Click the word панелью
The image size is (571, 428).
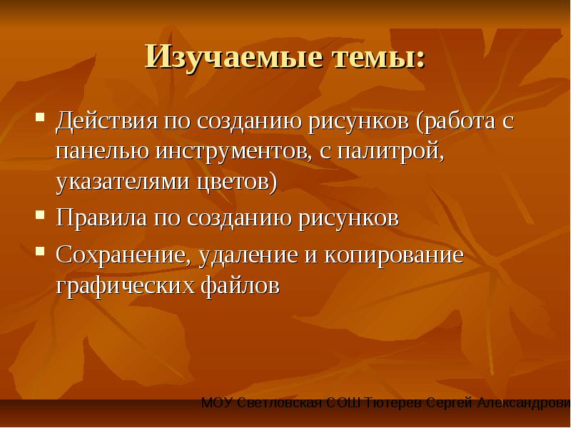point(102,151)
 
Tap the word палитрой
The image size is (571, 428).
point(390,151)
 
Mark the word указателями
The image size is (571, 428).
point(123,182)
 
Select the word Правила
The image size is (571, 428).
point(101,218)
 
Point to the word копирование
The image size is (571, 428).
point(394,255)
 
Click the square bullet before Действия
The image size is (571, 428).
point(40,117)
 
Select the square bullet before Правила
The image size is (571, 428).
point(40,215)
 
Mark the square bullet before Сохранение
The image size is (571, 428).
point(40,251)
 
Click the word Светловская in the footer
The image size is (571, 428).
point(279,403)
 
